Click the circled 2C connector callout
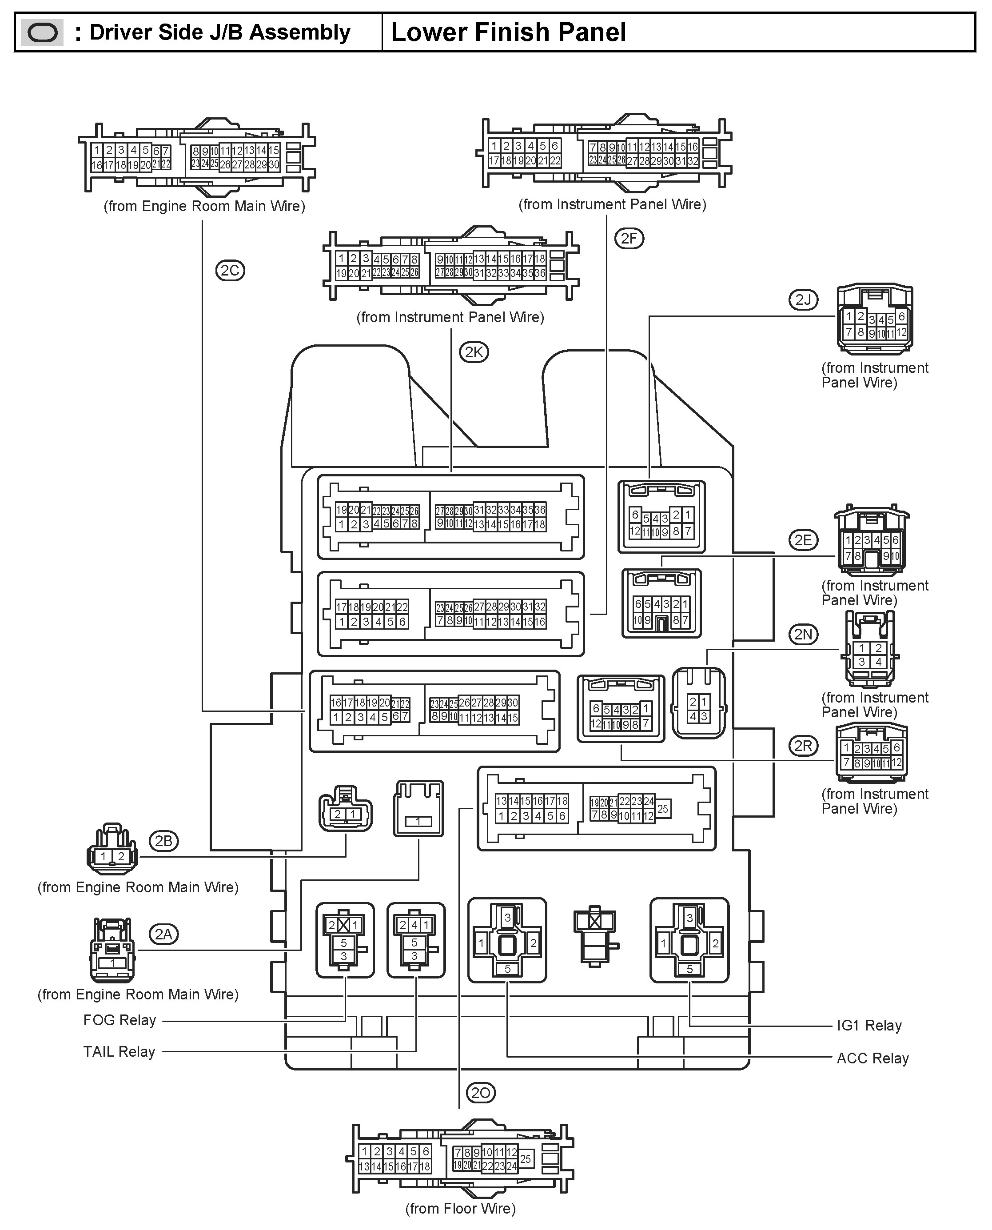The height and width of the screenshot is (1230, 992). (x=230, y=270)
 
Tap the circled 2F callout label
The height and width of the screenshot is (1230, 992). (x=629, y=238)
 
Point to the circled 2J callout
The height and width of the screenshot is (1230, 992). (x=803, y=300)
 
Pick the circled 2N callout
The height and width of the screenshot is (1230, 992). (x=803, y=635)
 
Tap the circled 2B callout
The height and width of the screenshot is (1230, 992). (x=163, y=841)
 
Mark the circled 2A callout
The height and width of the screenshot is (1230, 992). (x=163, y=934)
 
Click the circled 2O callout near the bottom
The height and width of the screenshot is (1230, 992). (x=481, y=1093)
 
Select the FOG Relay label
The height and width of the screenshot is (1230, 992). (x=120, y=1020)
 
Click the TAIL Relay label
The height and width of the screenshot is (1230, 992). (x=120, y=1052)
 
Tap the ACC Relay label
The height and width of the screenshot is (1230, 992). (x=872, y=1058)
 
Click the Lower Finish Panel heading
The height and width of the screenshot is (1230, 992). (x=508, y=32)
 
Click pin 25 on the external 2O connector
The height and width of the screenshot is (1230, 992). (x=525, y=1158)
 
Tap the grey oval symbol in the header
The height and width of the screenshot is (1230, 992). (x=42, y=32)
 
